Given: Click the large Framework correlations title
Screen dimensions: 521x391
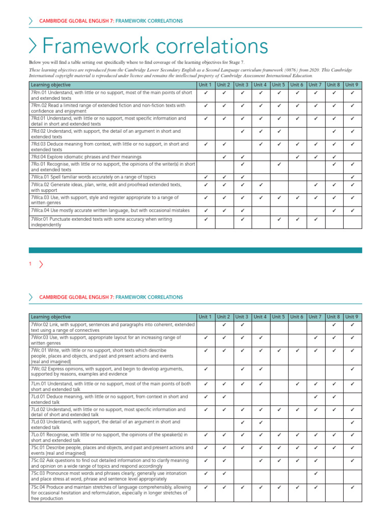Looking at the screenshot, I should (155, 47).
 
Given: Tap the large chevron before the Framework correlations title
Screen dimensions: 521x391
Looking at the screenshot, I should (34, 46).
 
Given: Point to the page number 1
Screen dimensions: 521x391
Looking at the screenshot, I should (31, 264).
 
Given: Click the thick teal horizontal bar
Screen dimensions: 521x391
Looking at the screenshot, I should (195, 250).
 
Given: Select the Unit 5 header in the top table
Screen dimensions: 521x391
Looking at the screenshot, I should (278, 85).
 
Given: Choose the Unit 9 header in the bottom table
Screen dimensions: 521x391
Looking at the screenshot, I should (352, 317).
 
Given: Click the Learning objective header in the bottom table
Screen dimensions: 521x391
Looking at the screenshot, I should (51, 317).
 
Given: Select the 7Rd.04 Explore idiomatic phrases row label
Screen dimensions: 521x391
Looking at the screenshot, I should (86, 157).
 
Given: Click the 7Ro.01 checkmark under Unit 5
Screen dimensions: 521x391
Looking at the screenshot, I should (279, 164).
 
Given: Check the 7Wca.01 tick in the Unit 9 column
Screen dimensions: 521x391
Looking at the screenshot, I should (352, 177).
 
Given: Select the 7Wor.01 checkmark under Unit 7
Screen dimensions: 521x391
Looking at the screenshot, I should (315, 219).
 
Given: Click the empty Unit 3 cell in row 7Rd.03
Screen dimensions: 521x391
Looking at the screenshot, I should (242, 147).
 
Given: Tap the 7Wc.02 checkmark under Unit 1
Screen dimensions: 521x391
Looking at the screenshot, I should (206, 368).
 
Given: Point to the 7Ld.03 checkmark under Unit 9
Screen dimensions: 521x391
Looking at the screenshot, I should (352, 422).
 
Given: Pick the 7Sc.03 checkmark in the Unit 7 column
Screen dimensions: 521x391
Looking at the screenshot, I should (315, 473).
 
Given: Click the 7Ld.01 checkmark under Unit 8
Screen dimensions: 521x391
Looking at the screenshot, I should (334, 396).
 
